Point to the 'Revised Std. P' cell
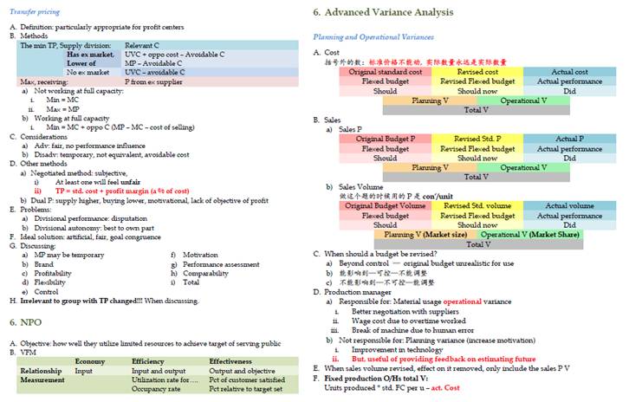click(477, 139)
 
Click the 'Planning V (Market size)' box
click(424, 234)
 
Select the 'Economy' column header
click(90, 360)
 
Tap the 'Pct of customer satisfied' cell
click(247, 379)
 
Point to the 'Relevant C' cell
click(142, 44)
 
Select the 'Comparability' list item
click(206, 273)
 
